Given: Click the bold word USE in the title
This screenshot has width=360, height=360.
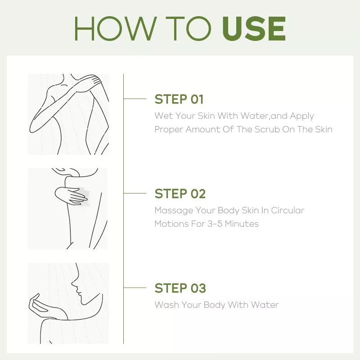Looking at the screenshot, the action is pyautogui.click(x=254, y=28).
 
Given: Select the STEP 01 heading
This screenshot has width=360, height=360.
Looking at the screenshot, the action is pyautogui.click(x=179, y=99).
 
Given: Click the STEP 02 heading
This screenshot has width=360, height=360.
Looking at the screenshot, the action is pyautogui.click(x=180, y=194).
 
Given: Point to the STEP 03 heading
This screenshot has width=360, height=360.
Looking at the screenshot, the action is pyautogui.click(x=180, y=288).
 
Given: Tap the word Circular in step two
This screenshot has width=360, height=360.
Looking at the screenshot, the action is pyautogui.click(x=288, y=210).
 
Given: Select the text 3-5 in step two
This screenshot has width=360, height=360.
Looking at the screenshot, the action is pyautogui.click(x=215, y=224).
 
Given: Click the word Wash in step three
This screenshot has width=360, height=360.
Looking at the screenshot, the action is pyautogui.click(x=166, y=305).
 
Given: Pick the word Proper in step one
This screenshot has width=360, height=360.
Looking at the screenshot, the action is pyautogui.click(x=169, y=130).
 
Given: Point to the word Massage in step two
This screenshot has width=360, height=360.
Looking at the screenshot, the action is pyautogui.click(x=174, y=211).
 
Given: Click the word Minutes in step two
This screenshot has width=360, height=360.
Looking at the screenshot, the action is pyautogui.click(x=242, y=224).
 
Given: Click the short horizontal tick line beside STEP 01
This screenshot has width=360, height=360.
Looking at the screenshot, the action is pyautogui.click(x=135, y=99).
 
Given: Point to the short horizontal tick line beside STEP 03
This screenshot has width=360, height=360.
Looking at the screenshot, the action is pyautogui.click(x=135, y=288).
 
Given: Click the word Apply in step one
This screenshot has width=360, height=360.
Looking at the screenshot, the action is pyautogui.click(x=301, y=116).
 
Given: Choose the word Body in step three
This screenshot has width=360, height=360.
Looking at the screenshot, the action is pyautogui.click(x=214, y=305).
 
